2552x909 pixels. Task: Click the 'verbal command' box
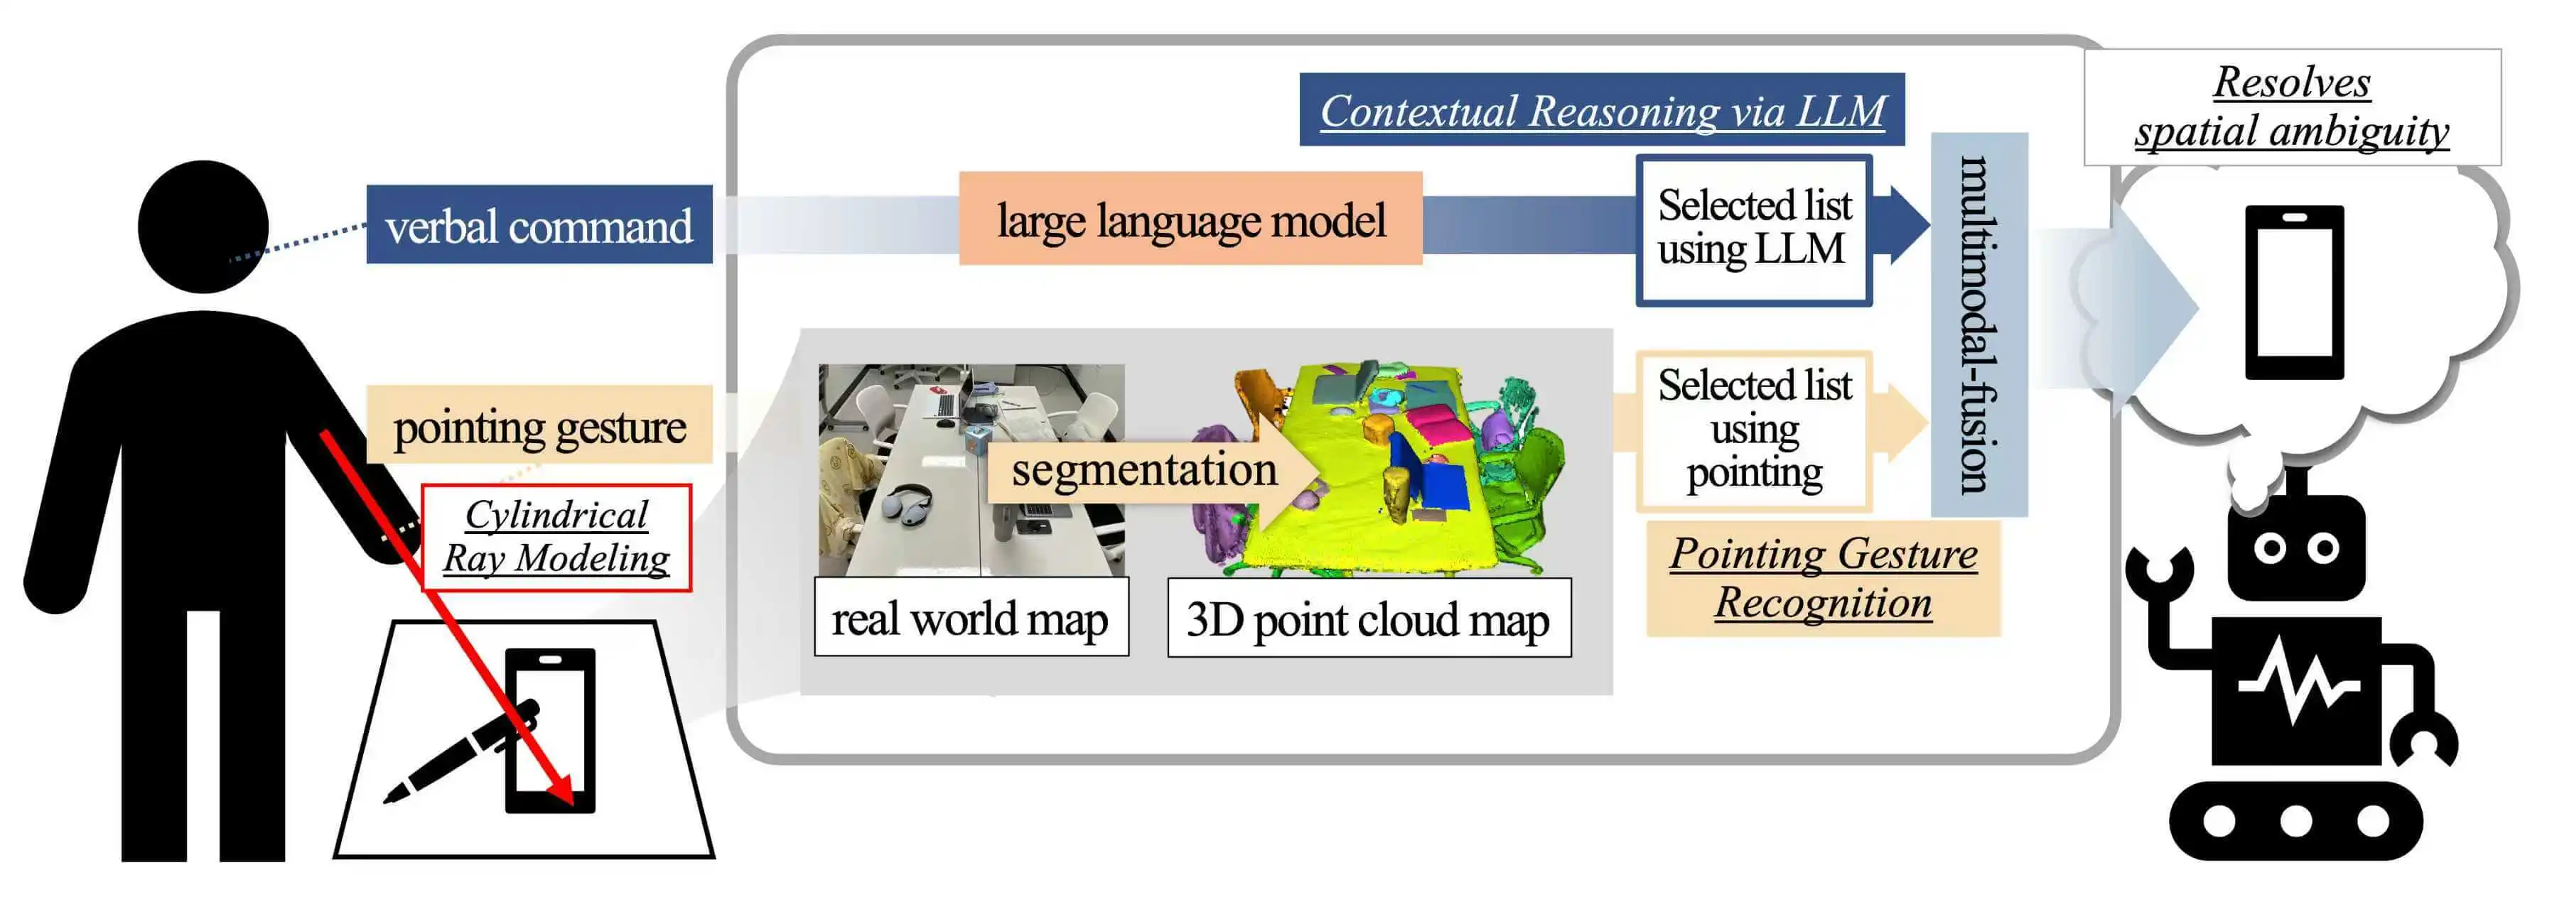coord(539,225)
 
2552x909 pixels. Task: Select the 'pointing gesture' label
coord(539,426)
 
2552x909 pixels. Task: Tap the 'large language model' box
coord(1190,219)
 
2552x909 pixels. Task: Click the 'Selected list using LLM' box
coord(1753,229)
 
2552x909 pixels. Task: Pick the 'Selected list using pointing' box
coord(1753,430)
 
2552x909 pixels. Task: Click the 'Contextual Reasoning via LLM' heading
coord(1601,110)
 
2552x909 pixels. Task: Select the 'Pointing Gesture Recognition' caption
coord(1823,578)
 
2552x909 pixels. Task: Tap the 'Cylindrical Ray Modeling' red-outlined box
coord(556,538)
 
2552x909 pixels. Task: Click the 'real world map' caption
coord(970,619)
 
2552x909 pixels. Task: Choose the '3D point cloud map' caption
coord(1368,619)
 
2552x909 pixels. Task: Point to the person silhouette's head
coord(203,226)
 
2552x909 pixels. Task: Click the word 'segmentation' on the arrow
coord(1144,469)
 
